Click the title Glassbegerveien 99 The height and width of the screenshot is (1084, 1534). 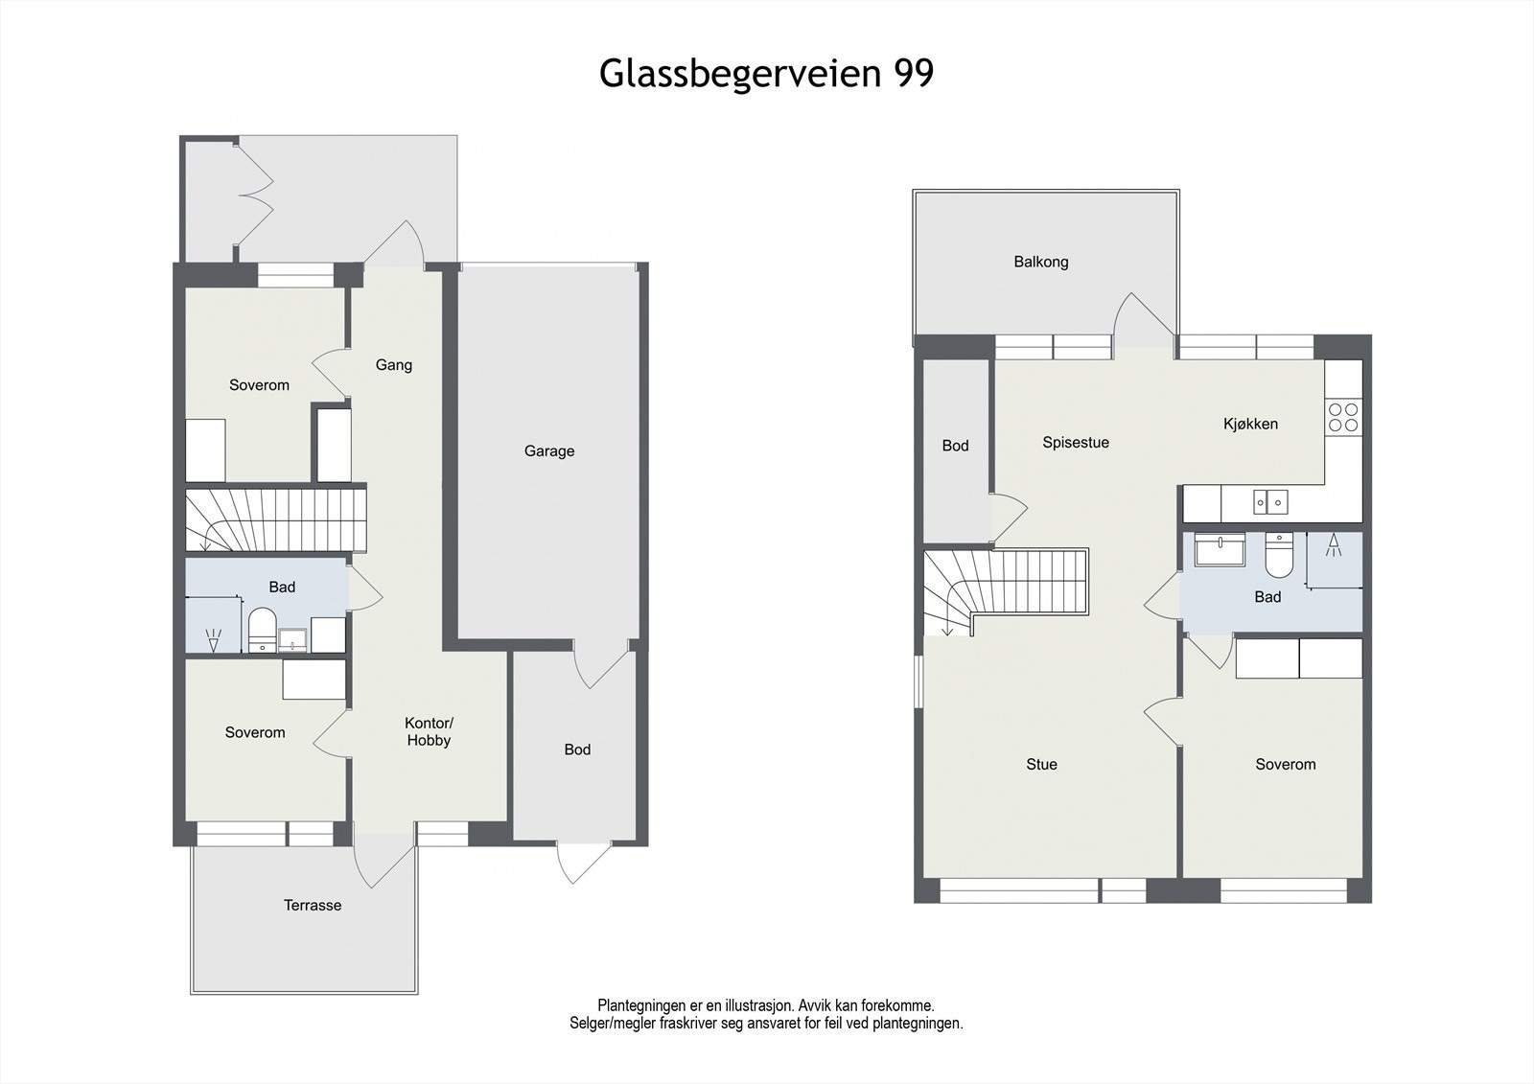[x=766, y=73]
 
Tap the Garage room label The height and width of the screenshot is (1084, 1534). [x=548, y=450]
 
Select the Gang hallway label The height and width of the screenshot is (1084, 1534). [x=393, y=364]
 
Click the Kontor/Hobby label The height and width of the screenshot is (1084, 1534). [x=428, y=731]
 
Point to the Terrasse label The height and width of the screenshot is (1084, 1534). [x=312, y=905]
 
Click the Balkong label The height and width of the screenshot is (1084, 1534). [x=1040, y=262]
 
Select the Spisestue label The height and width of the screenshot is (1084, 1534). [x=1075, y=443]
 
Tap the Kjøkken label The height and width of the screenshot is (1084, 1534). [x=1249, y=424]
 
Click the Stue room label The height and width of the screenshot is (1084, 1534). [x=1041, y=764]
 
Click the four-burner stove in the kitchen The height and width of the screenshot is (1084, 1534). [x=1342, y=416]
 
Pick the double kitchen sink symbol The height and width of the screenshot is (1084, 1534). [x=1271, y=501]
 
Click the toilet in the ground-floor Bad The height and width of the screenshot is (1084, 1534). [x=261, y=630]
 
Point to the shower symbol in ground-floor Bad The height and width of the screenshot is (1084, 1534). [x=213, y=633]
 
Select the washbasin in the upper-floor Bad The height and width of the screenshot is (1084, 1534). [x=1219, y=550]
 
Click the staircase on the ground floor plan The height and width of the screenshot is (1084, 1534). [x=276, y=519]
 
